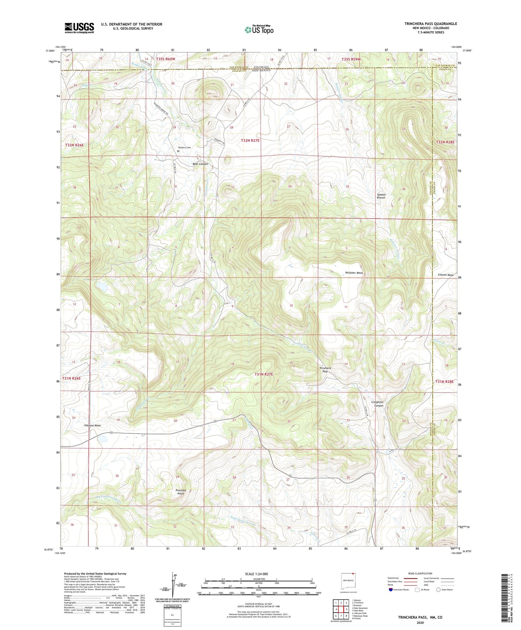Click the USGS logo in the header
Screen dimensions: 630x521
pyautogui.click(x=79, y=28)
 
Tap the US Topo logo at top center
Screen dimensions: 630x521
pyautogui.click(x=259, y=30)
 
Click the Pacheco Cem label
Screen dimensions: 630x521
pyautogui.click(x=184, y=148)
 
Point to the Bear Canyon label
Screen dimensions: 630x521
pyautogui.click(x=200, y=164)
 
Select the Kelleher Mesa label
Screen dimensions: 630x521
pyautogui.click(x=354, y=273)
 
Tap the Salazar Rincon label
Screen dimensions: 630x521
pyautogui.click(x=381, y=196)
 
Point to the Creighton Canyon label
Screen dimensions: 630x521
pyautogui.click(x=377, y=404)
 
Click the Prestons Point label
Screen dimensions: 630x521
pyautogui.click(x=181, y=492)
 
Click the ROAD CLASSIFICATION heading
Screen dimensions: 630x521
pyautogui.click(x=420, y=573)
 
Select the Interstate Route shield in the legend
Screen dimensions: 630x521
pyautogui.click(x=391, y=589)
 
